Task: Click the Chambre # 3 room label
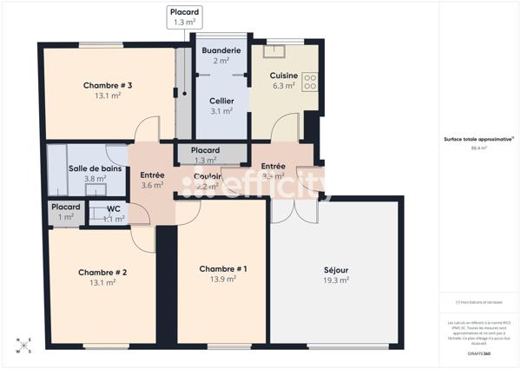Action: (108, 85)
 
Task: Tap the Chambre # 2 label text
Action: (102, 272)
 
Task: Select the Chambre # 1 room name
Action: (223, 268)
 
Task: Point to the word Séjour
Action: (336, 270)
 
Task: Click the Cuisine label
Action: (284, 76)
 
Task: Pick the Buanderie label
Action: (221, 50)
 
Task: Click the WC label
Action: (113, 208)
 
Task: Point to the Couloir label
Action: (209, 176)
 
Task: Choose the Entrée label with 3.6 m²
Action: (153, 175)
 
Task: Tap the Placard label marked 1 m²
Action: (66, 207)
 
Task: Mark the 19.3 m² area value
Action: (336, 280)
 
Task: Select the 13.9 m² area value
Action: (223, 279)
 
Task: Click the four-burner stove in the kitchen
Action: (310, 81)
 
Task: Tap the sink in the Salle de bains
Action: (113, 155)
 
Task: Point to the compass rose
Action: (23, 346)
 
